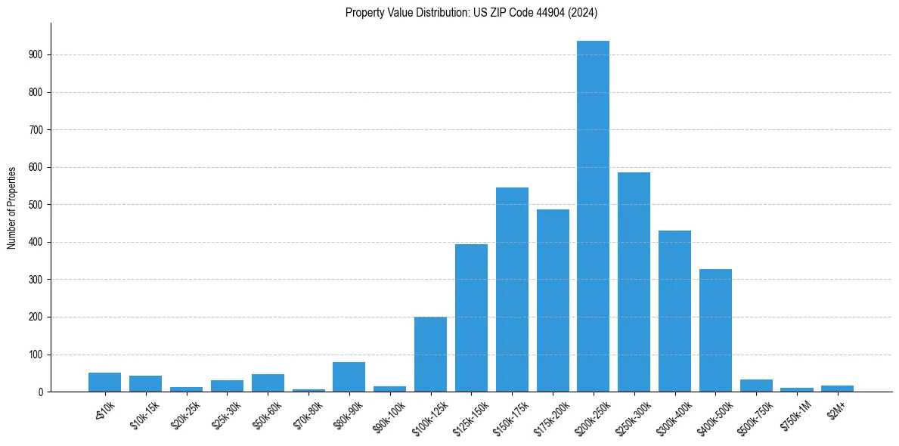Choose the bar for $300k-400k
(x=674, y=311)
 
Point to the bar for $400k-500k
(x=715, y=330)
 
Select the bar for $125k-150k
(x=471, y=318)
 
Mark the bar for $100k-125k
(x=430, y=355)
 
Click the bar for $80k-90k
(x=349, y=377)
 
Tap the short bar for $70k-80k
(x=308, y=390)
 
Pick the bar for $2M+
(x=837, y=389)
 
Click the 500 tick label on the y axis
(x=40, y=205)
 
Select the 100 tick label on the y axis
(x=40, y=355)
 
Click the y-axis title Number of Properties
(x=12, y=207)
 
